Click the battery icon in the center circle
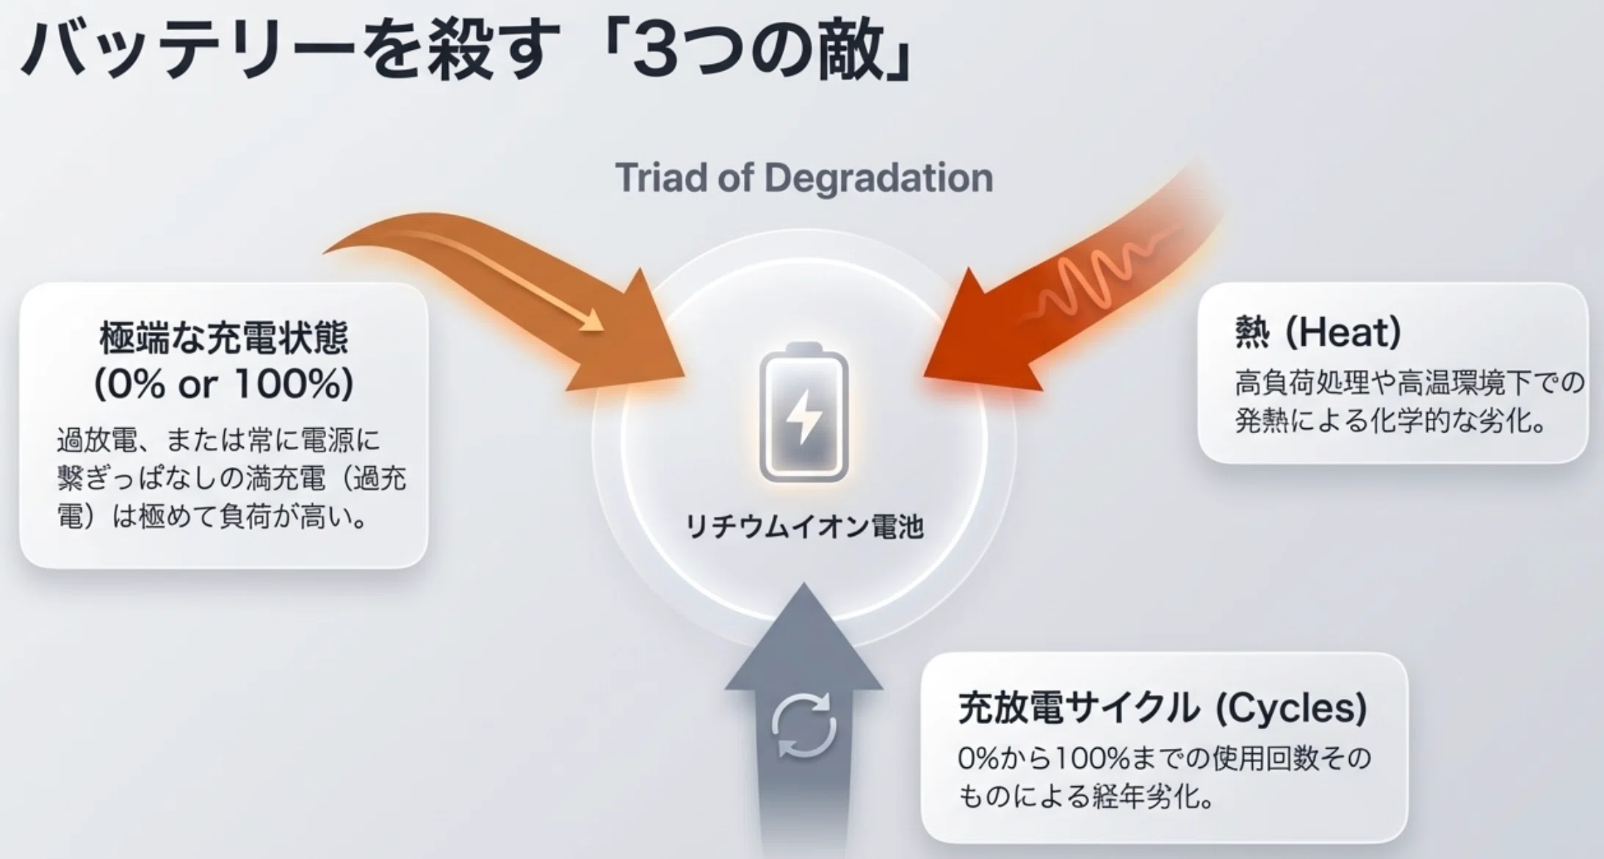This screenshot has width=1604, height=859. [x=803, y=412]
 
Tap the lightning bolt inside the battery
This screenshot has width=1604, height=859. [x=804, y=416]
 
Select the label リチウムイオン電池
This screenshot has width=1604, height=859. [x=804, y=526]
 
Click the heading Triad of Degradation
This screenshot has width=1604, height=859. [x=804, y=178]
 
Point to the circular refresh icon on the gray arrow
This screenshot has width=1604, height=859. [x=804, y=725]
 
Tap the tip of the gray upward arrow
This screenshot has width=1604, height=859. [x=803, y=584]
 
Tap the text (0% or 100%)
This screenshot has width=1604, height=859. [x=224, y=383]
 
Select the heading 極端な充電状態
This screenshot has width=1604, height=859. [x=224, y=338]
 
